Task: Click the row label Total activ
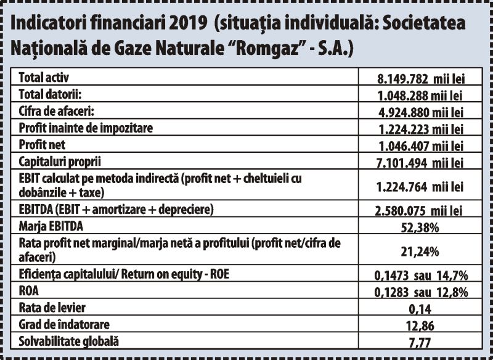[x=44, y=78]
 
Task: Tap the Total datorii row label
[x=50, y=94]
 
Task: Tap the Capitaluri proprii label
[x=59, y=162]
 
